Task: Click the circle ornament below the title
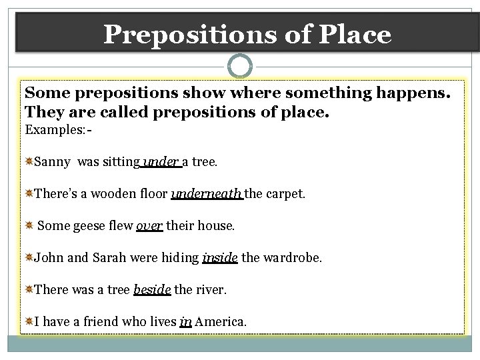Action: coord(240,66)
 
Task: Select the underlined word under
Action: coord(161,161)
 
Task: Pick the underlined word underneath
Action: coord(207,193)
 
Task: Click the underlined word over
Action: coord(149,225)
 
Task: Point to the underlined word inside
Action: coord(219,257)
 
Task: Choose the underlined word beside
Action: coord(152,289)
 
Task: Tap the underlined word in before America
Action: coord(185,321)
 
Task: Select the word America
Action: coord(221,321)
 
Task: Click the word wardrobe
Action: coord(293,257)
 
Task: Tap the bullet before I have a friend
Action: coord(29,321)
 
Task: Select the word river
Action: coord(209,289)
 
